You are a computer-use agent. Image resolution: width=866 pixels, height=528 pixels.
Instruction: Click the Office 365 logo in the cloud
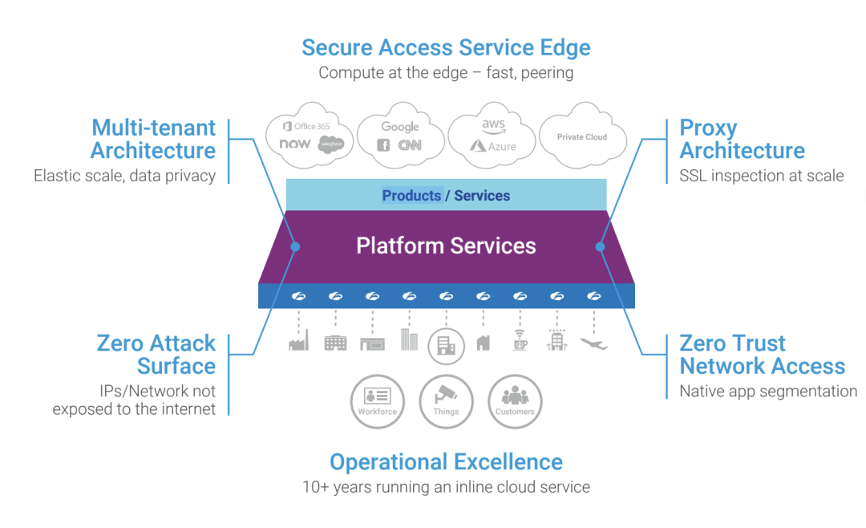(306, 126)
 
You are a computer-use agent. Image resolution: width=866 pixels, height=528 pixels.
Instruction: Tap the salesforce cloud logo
(330, 144)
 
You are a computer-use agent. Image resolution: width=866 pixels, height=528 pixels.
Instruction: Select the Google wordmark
(400, 127)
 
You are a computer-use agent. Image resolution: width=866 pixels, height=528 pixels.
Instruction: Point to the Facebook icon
(383, 145)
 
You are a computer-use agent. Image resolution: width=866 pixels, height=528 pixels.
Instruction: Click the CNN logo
(410, 145)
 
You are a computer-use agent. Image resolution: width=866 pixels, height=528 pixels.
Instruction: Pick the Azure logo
(492, 146)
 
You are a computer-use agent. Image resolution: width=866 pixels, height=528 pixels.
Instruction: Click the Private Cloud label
(582, 137)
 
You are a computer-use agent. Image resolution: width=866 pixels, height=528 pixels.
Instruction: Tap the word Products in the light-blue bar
(411, 195)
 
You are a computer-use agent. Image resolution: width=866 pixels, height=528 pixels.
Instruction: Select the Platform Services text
(446, 246)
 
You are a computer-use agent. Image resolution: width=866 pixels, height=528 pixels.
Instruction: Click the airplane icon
(593, 343)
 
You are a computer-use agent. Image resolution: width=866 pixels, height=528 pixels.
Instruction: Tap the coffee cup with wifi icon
(520, 341)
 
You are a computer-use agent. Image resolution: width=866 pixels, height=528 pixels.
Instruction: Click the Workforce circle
(377, 401)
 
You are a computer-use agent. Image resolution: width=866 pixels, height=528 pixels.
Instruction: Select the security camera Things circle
(446, 401)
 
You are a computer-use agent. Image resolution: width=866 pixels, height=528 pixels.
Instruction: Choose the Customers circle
(515, 401)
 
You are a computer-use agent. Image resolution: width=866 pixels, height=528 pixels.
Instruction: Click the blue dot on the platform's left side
(295, 247)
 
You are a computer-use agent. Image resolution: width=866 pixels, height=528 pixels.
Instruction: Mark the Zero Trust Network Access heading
(762, 355)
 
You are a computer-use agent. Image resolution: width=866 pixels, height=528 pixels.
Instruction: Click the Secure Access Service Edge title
(446, 47)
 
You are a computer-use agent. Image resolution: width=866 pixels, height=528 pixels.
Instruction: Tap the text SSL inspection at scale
(762, 176)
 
